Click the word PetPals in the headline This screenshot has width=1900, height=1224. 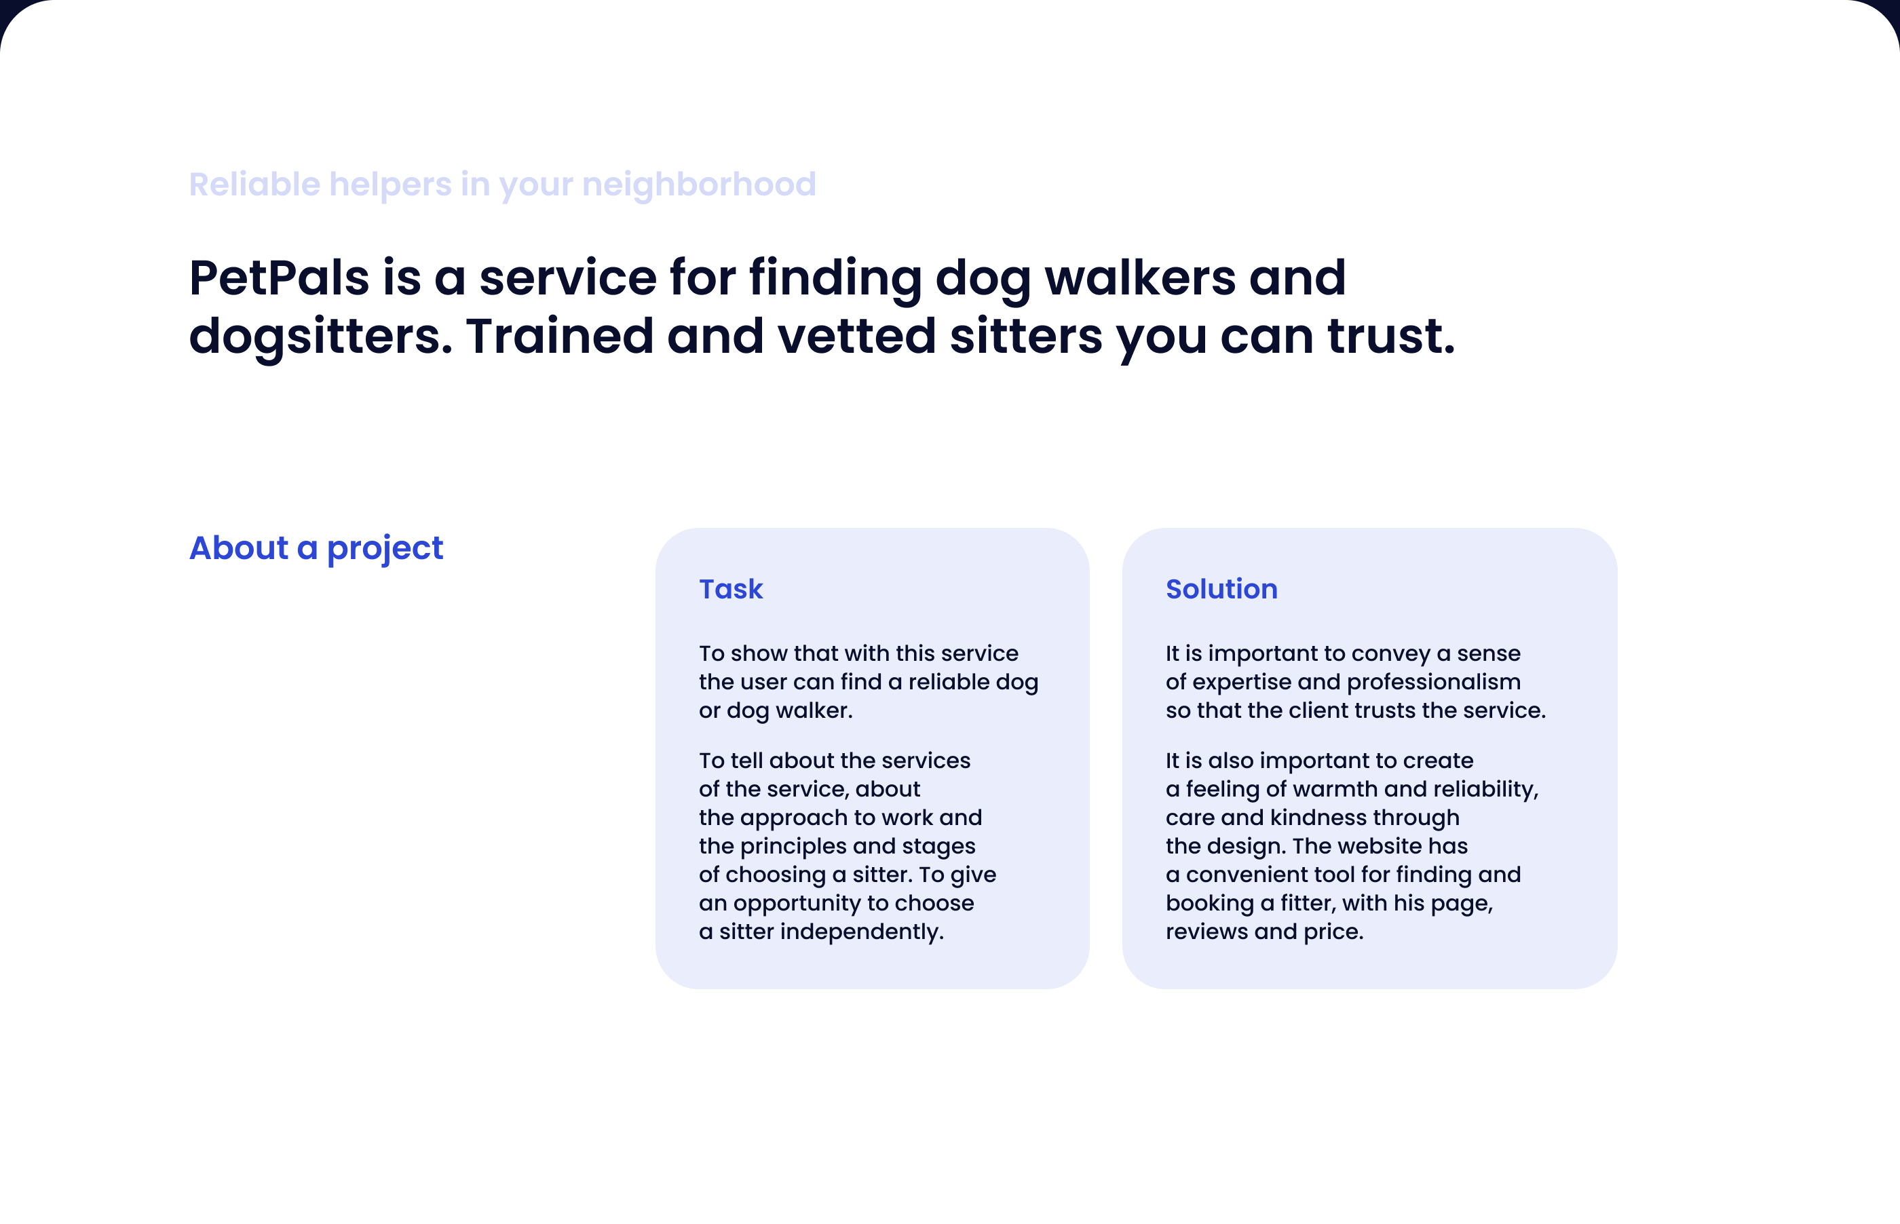(x=279, y=278)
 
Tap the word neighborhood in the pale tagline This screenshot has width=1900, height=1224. (x=698, y=185)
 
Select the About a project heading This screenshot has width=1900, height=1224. (x=316, y=548)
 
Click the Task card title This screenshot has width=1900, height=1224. (x=730, y=589)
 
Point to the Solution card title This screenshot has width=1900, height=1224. (x=1221, y=589)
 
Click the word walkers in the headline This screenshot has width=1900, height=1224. (x=1139, y=278)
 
